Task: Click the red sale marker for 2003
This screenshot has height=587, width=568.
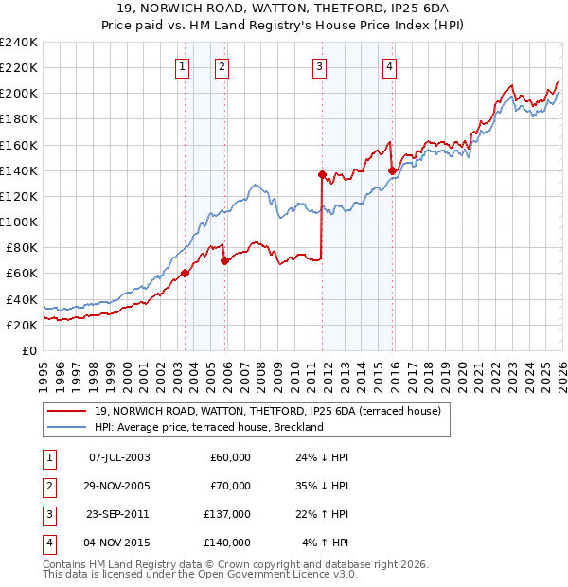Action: coord(186,273)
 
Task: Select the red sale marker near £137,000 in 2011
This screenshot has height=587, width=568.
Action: coord(322,174)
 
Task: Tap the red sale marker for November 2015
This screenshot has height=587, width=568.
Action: coord(392,170)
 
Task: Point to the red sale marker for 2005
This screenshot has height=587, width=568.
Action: coord(225,260)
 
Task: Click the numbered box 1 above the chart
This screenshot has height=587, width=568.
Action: coord(181,66)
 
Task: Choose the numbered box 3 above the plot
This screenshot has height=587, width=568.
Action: coord(320,66)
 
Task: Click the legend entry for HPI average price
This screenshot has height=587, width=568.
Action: coord(208,427)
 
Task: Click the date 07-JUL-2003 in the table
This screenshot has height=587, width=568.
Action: coord(118,457)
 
